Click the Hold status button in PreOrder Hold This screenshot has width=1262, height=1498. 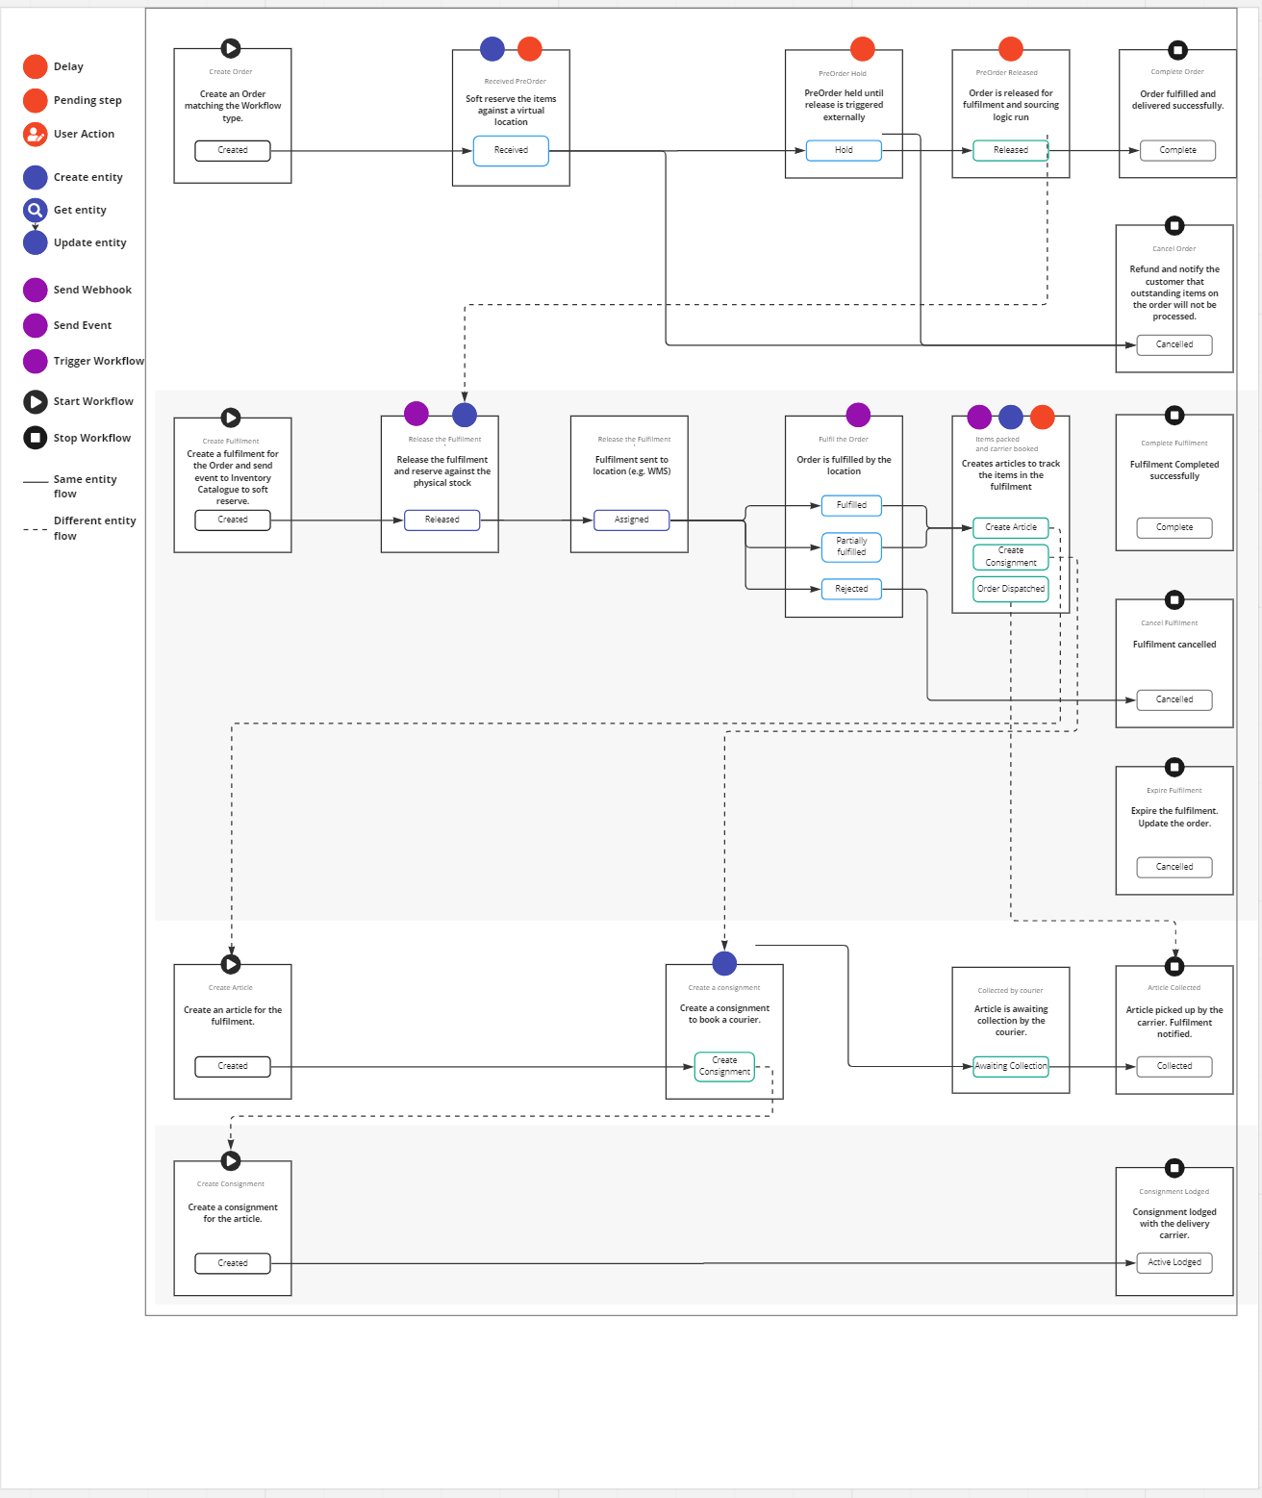click(x=844, y=150)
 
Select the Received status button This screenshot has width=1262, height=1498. click(x=511, y=150)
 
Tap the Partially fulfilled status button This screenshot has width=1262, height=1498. click(x=851, y=546)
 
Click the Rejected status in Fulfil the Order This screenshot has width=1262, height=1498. click(x=851, y=589)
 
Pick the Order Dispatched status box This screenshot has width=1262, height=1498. click(x=1010, y=589)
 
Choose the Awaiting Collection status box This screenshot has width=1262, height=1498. click(x=1010, y=1066)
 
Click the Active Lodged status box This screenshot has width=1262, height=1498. click(x=1174, y=1262)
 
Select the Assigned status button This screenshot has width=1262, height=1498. click(x=631, y=520)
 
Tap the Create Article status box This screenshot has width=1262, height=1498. click(x=1010, y=527)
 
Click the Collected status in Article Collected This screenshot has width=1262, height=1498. click(x=1174, y=1066)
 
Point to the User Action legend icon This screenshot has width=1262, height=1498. click(x=36, y=134)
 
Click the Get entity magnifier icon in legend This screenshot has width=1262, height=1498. click(x=36, y=210)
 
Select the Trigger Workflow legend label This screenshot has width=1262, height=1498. click(x=98, y=361)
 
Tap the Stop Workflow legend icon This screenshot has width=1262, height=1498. click(x=36, y=438)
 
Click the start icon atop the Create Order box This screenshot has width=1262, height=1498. click(x=231, y=48)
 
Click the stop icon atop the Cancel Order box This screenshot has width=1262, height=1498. click(x=1174, y=226)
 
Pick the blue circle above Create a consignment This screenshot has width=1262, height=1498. click(x=724, y=963)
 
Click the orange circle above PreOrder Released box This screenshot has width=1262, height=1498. click(x=1011, y=48)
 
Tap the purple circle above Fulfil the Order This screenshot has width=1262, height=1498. click(x=858, y=415)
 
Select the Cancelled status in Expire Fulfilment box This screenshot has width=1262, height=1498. click(x=1174, y=867)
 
